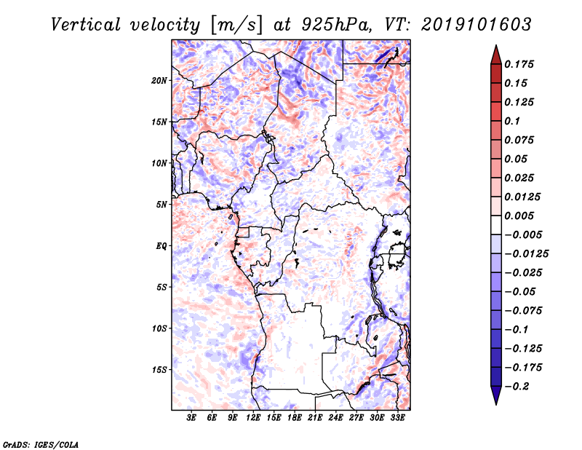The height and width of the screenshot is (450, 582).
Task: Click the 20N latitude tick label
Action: pyautogui.click(x=159, y=81)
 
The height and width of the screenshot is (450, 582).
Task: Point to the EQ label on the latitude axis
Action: pyautogui.click(x=161, y=246)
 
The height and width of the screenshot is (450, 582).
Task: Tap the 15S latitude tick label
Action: pyautogui.click(x=159, y=370)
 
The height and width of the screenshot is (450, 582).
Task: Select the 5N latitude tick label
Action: pyautogui.click(x=162, y=205)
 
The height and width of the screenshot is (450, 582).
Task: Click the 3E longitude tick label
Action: pyautogui.click(x=191, y=418)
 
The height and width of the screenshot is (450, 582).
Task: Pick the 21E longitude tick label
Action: pyautogui.click(x=315, y=418)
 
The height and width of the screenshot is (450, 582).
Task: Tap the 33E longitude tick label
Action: pyautogui.click(x=397, y=418)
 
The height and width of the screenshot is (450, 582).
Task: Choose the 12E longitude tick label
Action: pyautogui.click(x=252, y=418)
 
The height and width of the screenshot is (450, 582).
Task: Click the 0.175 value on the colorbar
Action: pyautogui.click(x=519, y=64)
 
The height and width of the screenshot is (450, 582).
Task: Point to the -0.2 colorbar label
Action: pyautogui.click(x=517, y=387)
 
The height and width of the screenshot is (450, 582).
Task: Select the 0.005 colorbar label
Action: pyautogui.click(x=519, y=216)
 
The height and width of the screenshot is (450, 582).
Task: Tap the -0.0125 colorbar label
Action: pyautogui.click(x=526, y=254)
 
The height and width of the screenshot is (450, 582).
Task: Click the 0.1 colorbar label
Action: pyautogui.click(x=512, y=121)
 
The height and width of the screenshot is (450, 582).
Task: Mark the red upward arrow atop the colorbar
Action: pyautogui.click(x=496, y=55)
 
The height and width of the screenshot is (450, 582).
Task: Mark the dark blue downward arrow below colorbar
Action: pyautogui.click(x=496, y=395)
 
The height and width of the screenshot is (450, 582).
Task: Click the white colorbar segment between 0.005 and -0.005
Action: pyautogui.click(x=496, y=225)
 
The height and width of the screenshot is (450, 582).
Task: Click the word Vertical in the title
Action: pyautogui.click(x=86, y=25)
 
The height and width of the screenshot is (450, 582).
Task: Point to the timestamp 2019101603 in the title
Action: pyautogui.click(x=477, y=25)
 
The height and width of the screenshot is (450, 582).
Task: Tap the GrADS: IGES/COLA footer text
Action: pyautogui.click(x=41, y=444)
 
